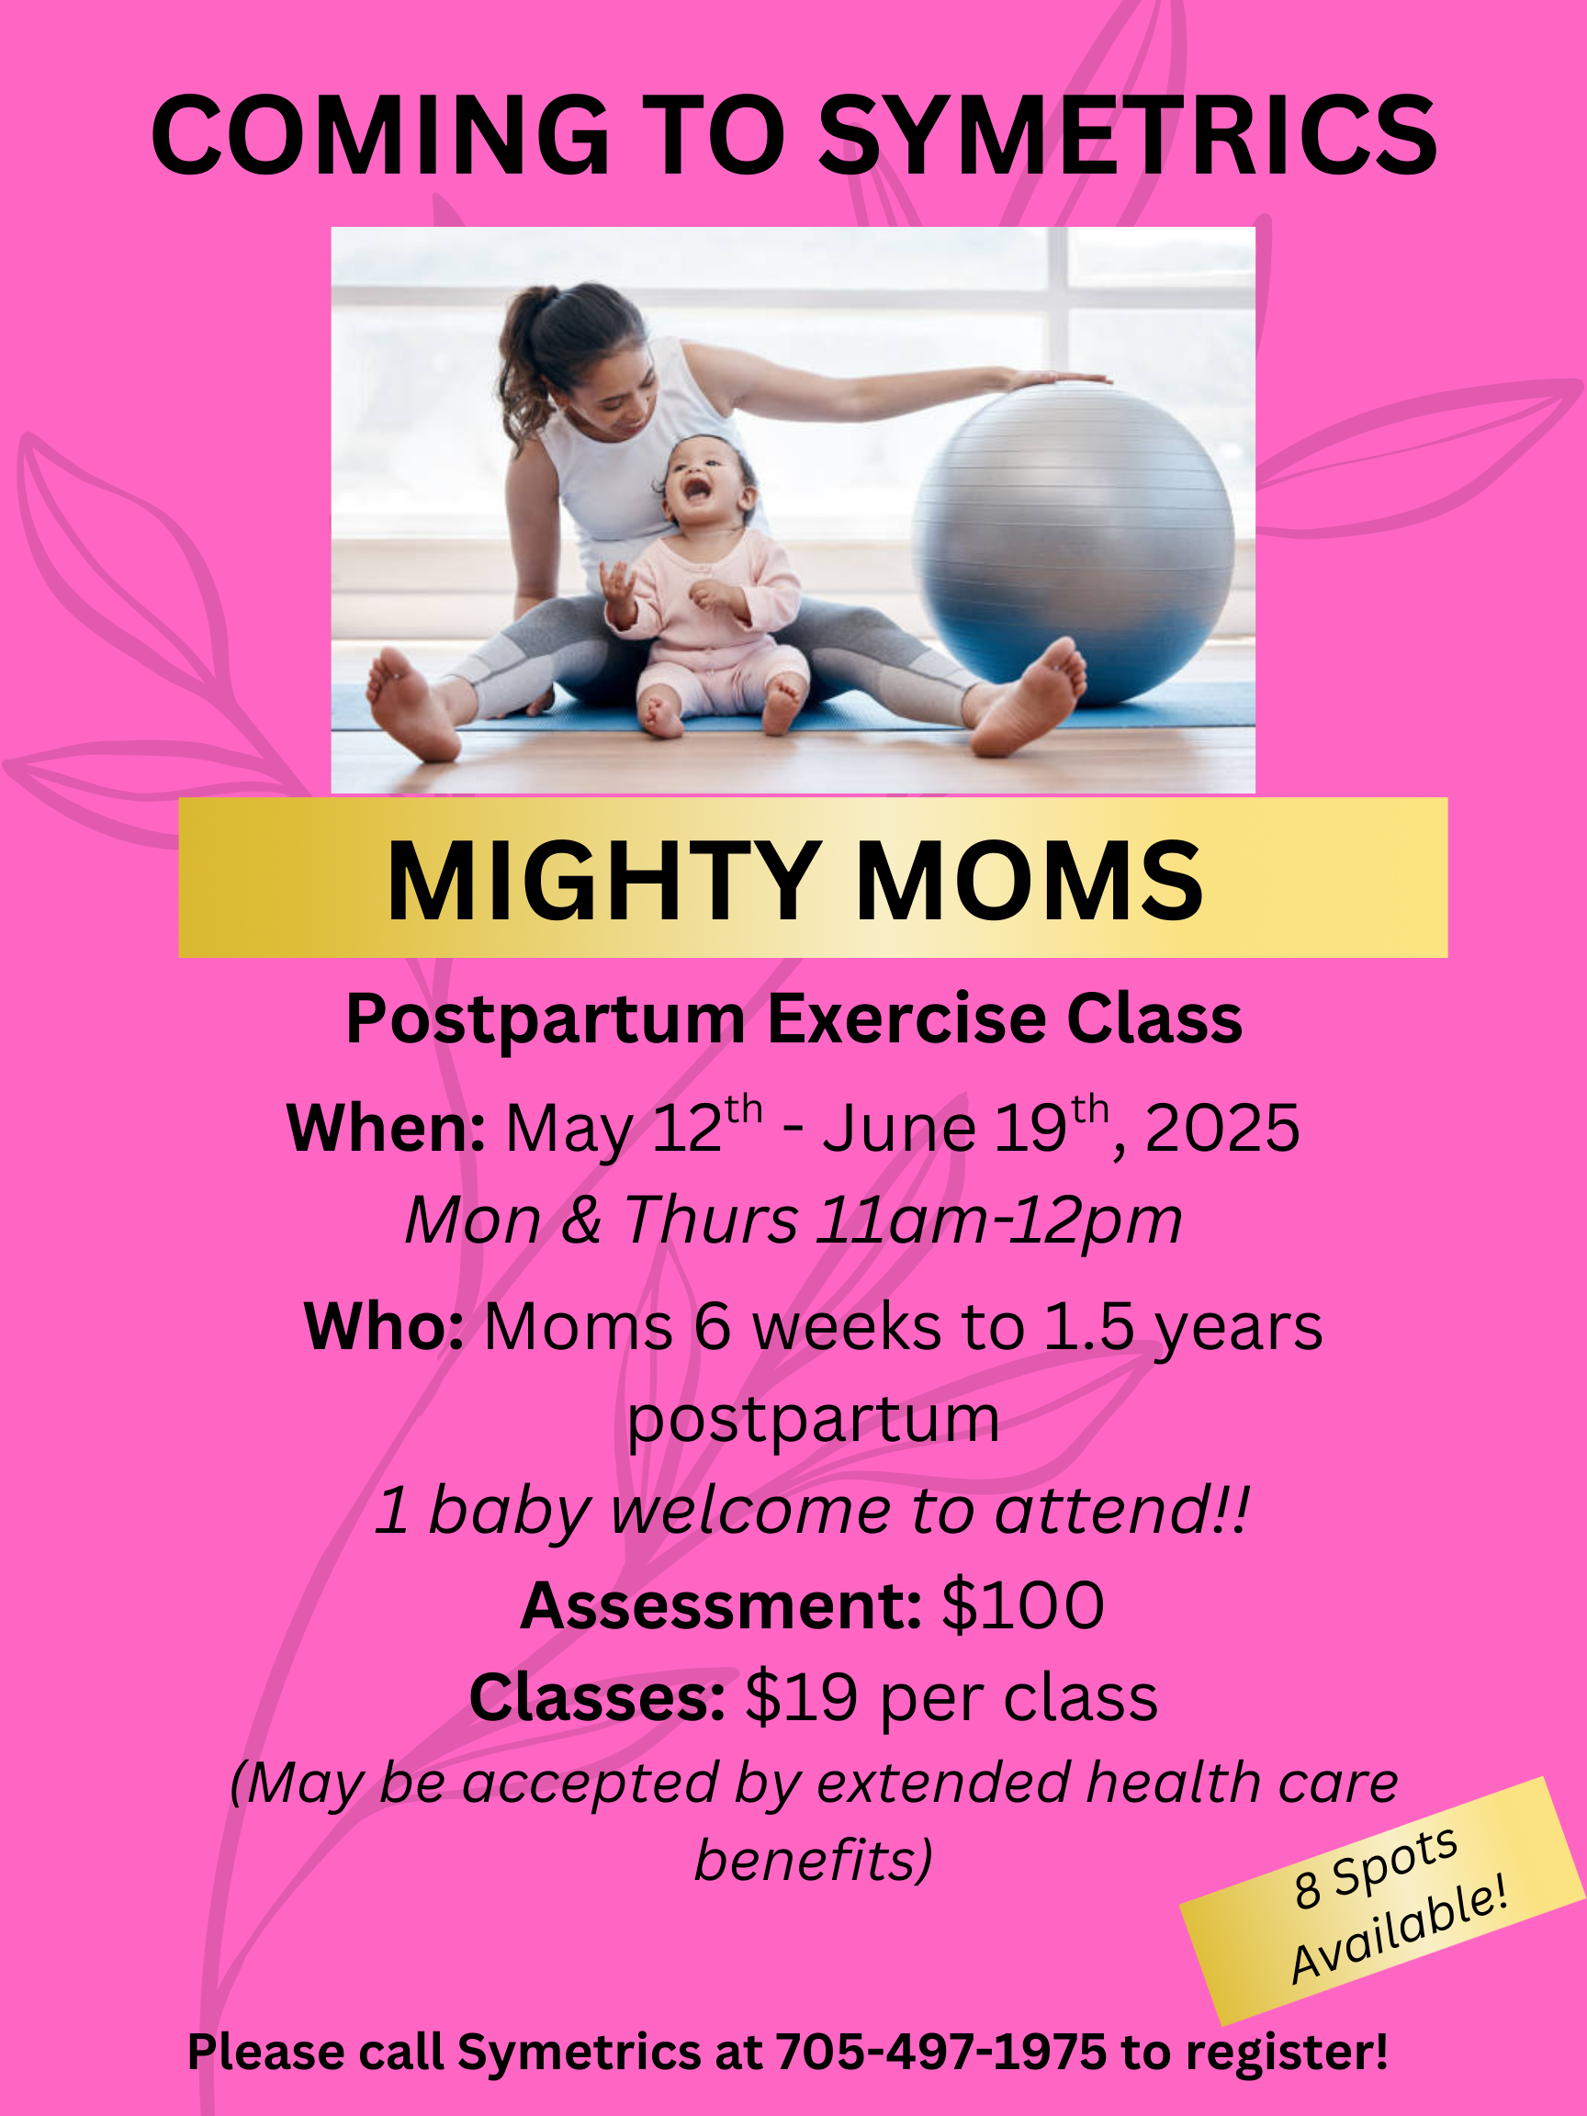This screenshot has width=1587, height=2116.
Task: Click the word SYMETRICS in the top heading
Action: [x=1128, y=136]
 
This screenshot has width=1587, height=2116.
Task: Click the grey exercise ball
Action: [x=1073, y=545]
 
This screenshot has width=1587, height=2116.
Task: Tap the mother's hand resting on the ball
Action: [x=1052, y=378]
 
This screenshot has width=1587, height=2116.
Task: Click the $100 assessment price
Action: [x=1022, y=1605]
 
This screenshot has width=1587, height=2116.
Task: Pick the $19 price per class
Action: [x=801, y=1699]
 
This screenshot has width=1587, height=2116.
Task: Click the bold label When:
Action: [x=387, y=1128]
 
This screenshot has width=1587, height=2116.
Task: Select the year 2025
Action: [x=1221, y=1129]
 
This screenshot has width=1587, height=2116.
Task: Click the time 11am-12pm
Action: [x=998, y=1221]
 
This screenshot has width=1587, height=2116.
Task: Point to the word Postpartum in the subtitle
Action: [x=546, y=1019]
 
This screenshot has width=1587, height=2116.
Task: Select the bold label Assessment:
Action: [x=721, y=1605]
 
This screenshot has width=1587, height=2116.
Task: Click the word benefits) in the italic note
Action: [x=813, y=1862]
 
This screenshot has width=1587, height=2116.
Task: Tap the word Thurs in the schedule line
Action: [x=711, y=1221]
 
